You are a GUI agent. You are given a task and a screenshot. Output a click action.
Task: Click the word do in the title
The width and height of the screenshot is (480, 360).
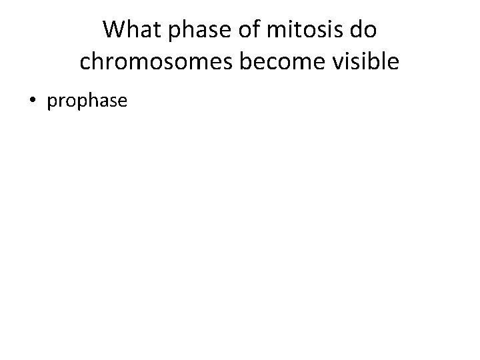tap(363, 30)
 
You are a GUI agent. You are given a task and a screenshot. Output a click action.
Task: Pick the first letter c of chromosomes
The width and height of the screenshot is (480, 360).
tap(85, 62)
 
